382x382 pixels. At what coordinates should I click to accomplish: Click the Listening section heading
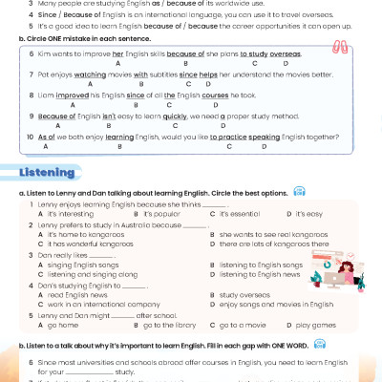(x=47, y=172)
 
